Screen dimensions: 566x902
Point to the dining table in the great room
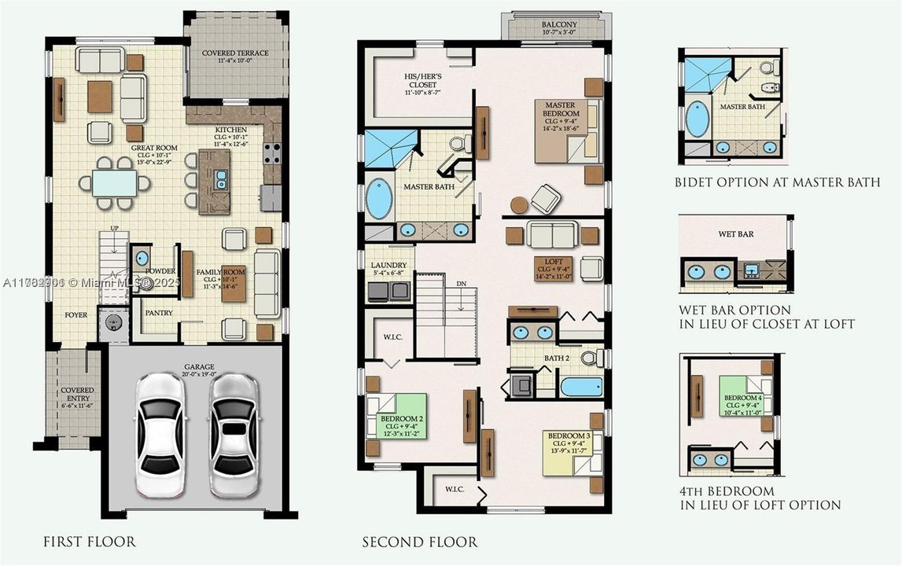tap(115, 183)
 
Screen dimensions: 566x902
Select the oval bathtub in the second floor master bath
tap(379, 199)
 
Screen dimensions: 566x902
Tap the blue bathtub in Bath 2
tap(581, 387)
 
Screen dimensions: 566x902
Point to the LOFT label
tap(549, 266)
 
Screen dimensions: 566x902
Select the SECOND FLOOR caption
tap(419, 542)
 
